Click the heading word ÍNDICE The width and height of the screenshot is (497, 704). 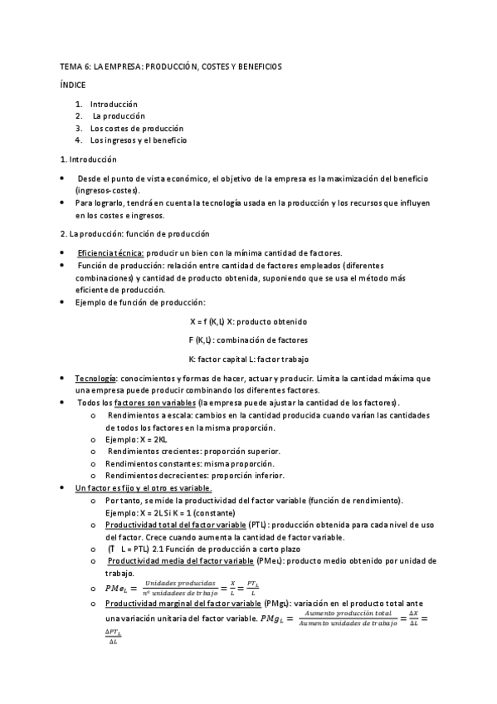73,85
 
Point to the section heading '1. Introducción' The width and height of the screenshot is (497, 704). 89,159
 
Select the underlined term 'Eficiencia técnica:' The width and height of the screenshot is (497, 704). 110,252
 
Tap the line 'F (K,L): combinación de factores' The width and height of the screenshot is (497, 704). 248,340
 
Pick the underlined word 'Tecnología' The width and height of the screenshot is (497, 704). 96,378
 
